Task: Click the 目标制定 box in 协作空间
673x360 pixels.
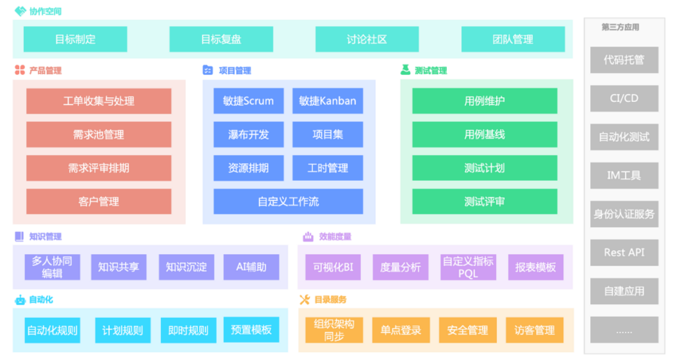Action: (x=75, y=39)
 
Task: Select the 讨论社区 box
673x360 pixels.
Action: (x=367, y=39)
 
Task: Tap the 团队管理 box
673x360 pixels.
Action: (x=513, y=39)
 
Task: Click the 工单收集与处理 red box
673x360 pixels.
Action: (x=99, y=101)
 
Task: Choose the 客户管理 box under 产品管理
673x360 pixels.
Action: (x=99, y=202)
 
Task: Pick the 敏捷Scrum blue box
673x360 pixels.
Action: (x=248, y=101)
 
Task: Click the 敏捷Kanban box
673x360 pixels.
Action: (x=327, y=101)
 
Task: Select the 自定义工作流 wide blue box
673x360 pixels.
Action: (x=288, y=202)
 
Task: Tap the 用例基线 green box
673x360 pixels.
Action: (x=484, y=135)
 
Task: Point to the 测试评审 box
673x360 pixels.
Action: (x=484, y=202)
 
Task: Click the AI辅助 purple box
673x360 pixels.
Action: (x=251, y=267)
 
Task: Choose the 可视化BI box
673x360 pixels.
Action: (x=333, y=267)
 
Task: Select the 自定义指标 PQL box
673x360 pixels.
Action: (x=468, y=267)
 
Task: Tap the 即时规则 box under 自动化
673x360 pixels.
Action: (x=188, y=330)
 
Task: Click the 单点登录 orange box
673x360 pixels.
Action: (x=400, y=330)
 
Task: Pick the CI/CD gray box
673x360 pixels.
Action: (x=624, y=99)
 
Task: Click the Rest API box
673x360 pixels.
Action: (x=624, y=253)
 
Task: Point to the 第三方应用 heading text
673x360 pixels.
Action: (x=620, y=28)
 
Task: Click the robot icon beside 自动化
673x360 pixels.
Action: (x=20, y=300)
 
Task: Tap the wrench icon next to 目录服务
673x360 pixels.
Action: (x=304, y=300)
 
